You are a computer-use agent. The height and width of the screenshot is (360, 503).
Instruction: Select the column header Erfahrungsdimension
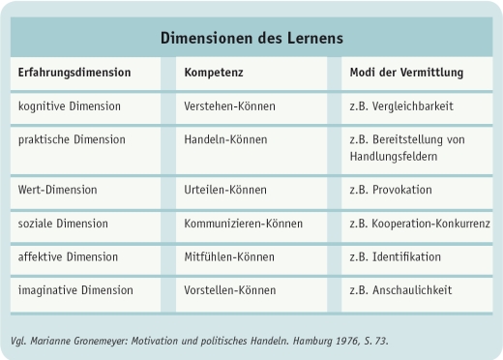pos(74,73)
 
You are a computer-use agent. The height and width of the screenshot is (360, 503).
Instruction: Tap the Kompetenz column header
pos(214,73)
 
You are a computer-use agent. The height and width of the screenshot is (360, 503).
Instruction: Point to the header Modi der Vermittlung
pos(406,73)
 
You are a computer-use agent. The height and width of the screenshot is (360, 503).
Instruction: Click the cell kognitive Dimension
pos(70,105)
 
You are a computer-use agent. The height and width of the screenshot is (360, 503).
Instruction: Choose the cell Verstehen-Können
pos(229,105)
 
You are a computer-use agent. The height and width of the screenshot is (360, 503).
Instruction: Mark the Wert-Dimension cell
pos(58,190)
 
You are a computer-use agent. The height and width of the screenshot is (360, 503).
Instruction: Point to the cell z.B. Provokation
pos(390,190)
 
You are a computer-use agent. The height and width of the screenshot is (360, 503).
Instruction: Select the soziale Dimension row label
pos(64,224)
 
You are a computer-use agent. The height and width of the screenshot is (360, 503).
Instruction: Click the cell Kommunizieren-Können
pos(243,224)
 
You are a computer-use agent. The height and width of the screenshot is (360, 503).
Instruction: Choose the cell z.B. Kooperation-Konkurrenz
pos(419,224)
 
